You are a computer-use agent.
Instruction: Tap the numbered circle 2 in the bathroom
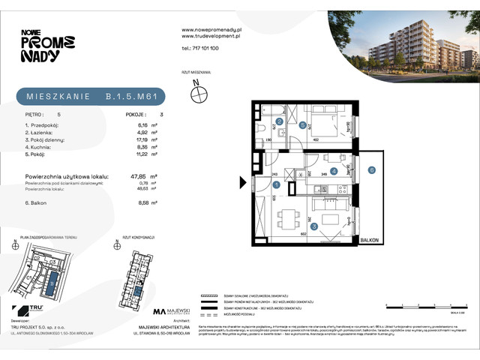click(x=280, y=121)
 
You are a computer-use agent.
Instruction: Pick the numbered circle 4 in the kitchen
click(x=334, y=171)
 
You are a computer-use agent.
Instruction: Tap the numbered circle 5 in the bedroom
click(x=302, y=126)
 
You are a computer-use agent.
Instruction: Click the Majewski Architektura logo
click(x=172, y=311)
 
